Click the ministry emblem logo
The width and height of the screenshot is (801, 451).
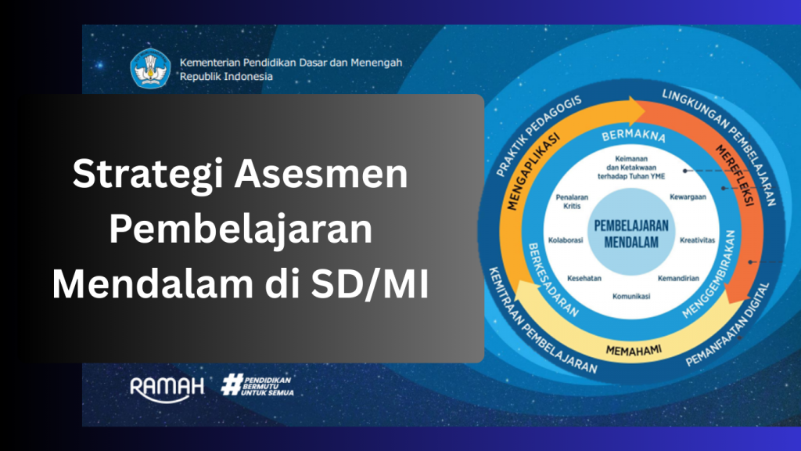(x=150, y=69)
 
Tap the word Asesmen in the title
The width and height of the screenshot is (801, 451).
(x=321, y=174)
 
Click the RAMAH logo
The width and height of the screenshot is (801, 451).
(x=167, y=388)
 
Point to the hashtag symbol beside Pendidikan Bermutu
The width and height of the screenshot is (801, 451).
(x=232, y=384)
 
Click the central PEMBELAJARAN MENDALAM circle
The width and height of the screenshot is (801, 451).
(x=631, y=233)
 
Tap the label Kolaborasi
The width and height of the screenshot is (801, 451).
(x=566, y=240)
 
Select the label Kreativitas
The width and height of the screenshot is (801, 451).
(x=697, y=240)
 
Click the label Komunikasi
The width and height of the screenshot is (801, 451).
(x=631, y=296)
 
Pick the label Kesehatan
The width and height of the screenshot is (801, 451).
(x=584, y=278)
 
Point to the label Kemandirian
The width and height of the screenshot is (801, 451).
(x=678, y=278)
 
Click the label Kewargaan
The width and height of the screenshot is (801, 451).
(x=688, y=197)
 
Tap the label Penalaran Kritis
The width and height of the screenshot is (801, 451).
(x=572, y=201)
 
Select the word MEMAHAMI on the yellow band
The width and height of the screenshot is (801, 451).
(x=634, y=350)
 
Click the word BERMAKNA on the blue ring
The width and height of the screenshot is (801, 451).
(x=634, y=135)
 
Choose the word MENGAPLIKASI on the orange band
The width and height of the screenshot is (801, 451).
(x=533, y=171)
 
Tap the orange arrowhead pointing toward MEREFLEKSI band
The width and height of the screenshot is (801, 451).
(x=637, y=111)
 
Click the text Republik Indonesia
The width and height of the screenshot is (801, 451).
(x=226, y=77)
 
